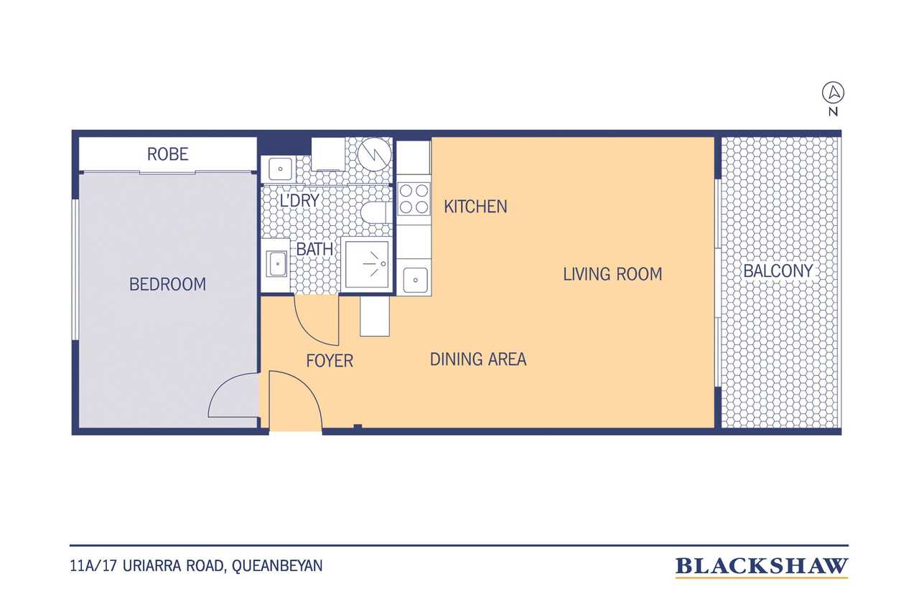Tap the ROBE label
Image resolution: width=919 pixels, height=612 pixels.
click(x=167, y=154)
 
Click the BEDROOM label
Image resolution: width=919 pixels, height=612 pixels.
click(x=167, y=284)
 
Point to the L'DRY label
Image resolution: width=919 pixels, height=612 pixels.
click(x=299, y=200)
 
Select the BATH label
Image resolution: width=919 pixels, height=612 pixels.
click(x=314, y=249)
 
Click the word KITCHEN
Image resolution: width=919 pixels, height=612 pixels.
click(x=475, y=206)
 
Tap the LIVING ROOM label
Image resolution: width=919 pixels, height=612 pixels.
click(x=612, y=274)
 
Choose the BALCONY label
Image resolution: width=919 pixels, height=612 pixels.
click(x=778, y=271)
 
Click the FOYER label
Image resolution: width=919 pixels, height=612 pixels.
click(x=330, y=361)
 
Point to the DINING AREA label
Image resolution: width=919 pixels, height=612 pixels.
click(x=478, y=359)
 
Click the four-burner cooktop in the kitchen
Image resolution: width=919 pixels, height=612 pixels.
click(x=414, y=199)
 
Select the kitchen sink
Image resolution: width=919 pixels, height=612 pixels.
click(x=415, y=280)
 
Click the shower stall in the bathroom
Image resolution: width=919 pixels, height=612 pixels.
click(x=367, y=265)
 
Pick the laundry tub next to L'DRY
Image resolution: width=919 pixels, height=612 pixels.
click(x=280, y=169)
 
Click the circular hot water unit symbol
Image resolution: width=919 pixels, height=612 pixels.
click(x=374, y=154)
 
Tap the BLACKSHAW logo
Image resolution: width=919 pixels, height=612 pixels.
click(x=762, y=567)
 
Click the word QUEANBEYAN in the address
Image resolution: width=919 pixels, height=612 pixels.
click(x=277, y=565)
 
